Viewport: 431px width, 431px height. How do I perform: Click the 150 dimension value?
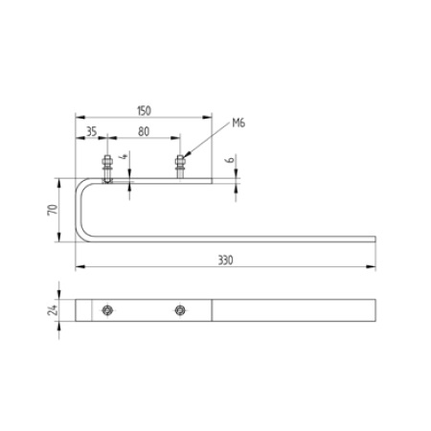(x=144, y=111)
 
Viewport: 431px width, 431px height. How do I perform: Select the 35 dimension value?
(x=91, y=131)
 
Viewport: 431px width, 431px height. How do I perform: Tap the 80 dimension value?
(x=144, y=131)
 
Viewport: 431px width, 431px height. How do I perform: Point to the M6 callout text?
(x=238, y=123)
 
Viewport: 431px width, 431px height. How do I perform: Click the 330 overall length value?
(x=225, y=261)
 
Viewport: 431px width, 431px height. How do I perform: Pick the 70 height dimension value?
(x=53, y=210)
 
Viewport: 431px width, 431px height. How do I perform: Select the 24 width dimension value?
(x=53, y=310)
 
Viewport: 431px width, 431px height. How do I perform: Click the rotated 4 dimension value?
(x=125, y=156)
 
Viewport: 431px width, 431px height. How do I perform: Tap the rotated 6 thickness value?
(x=230, y=159)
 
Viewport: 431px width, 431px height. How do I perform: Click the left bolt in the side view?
(x=107, y=170)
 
